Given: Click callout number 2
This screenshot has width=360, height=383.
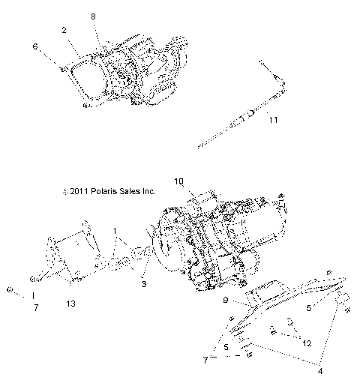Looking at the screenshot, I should (66, 30).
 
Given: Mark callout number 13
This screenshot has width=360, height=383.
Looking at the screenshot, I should (70, 304).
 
